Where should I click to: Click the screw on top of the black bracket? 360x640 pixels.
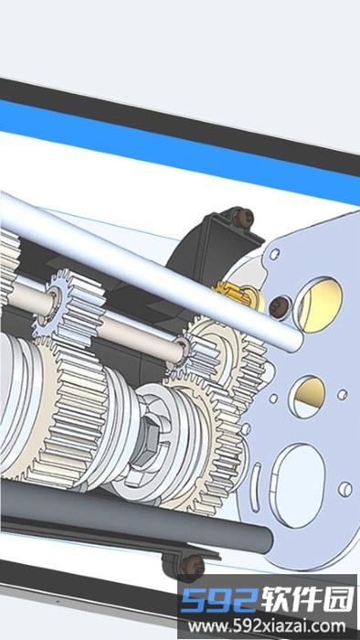tap(244, 219)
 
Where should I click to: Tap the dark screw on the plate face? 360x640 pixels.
tap(281, 305)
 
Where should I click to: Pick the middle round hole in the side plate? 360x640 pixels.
tap(310, 390)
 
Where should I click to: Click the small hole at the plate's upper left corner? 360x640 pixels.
tap(273, 251)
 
